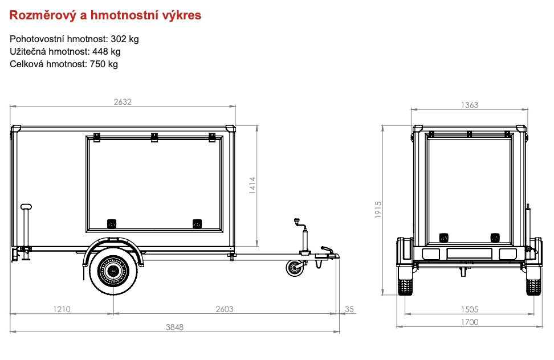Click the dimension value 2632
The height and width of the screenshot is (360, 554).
123,102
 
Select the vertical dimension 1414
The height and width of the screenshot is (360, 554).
252,186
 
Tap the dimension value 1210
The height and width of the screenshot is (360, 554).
62,309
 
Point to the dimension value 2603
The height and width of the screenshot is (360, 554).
225,309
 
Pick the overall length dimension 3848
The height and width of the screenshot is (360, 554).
175,327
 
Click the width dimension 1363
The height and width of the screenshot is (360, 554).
469,105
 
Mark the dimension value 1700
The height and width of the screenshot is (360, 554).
469,322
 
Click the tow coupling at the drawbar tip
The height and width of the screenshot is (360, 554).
327,253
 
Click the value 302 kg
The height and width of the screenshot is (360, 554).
125,39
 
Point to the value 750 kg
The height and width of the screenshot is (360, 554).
104,64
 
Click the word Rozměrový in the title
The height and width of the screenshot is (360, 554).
40,15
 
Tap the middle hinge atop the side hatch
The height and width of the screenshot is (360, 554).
154,137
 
